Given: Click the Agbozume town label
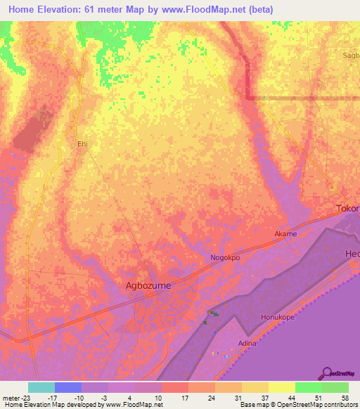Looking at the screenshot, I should [x=148, y=286].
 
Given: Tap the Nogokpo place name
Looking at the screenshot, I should [x=226, y=258].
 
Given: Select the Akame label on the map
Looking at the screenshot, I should [x=285, y=234].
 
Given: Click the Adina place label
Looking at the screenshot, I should [x=247, y=343].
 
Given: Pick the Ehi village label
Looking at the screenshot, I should [x=82, y=143].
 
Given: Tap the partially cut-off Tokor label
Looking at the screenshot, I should [x=347, y=209].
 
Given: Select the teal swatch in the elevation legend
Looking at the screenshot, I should [x=41, y=387].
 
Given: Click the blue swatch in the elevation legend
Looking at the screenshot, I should [x=68, y=387].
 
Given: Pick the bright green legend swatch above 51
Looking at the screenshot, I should [x=309, y=387].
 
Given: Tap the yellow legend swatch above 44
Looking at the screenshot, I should [x=282, y=387].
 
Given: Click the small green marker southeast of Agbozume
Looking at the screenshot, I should [x=213, y=313].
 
